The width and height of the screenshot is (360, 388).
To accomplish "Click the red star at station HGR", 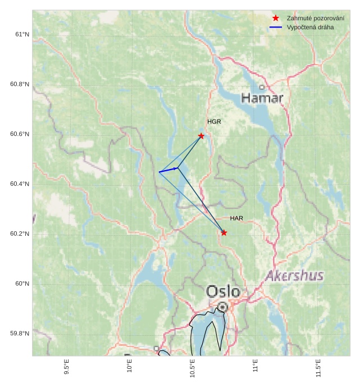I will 201,136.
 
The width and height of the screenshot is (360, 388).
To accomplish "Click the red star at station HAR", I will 224,232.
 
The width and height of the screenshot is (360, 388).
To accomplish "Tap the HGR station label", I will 214,122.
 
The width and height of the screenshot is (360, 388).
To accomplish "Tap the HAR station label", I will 236,218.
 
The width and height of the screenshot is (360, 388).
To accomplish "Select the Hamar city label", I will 262,98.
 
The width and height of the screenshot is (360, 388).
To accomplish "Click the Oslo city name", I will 223,291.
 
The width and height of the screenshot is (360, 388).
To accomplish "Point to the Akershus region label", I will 294,276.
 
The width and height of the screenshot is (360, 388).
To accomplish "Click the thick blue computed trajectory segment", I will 168,170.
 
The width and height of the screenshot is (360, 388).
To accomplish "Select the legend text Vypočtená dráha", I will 309,27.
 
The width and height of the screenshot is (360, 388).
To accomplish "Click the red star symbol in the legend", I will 276,18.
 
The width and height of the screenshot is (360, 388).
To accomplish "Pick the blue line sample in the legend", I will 276,27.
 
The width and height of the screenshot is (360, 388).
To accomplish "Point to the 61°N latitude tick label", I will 21,35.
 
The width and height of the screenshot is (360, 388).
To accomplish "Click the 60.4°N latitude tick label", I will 19,184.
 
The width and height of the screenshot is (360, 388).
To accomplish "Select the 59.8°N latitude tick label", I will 19,334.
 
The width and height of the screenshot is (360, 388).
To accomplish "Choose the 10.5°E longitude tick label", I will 193,368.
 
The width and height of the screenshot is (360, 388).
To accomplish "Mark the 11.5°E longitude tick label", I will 318,368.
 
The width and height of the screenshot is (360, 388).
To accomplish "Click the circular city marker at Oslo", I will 223,307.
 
